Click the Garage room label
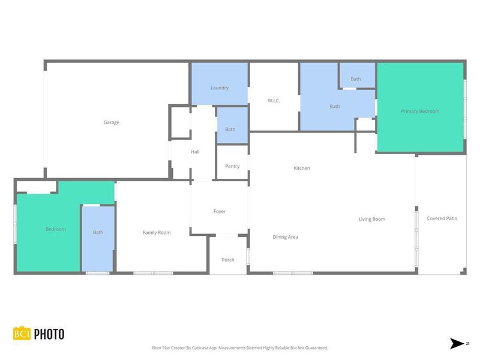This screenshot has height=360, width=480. (111, 122)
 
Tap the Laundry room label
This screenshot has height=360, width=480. (220, 88)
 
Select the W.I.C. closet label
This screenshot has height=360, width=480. (274, 101)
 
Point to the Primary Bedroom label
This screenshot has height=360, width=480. (420, 112)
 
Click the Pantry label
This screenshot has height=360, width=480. (232, 166)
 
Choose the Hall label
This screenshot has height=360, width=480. (195, 152)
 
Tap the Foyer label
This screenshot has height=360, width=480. (220, 211)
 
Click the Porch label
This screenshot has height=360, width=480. (228, 260)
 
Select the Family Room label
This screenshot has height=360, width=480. (157, 232)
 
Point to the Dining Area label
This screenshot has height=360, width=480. (285, 237)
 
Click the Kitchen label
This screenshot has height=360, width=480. (302, 168)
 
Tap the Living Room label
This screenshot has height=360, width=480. (372, 220)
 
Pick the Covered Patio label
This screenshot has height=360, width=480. (442, 218)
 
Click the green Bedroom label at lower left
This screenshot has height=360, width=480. (56, 229)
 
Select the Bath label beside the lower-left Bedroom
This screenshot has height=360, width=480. (98, 232)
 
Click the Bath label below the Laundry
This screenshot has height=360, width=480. (230, 130)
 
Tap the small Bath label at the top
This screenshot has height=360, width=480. (356, 79)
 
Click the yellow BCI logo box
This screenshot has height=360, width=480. (22, 334)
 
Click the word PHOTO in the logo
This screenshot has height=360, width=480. (49, 334)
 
